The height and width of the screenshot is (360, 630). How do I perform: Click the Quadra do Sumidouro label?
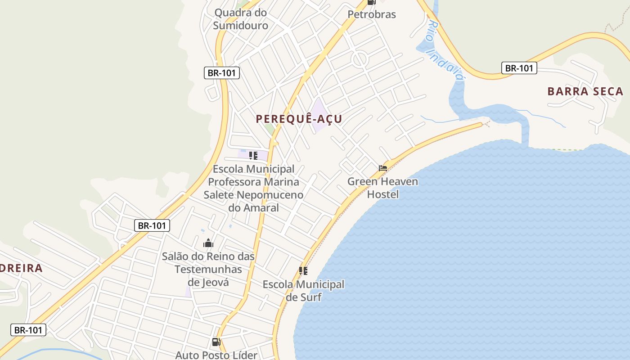240,19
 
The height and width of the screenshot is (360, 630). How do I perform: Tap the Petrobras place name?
372,14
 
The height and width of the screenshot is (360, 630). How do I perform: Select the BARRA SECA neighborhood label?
585,91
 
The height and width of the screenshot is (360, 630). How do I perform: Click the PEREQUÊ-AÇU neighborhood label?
299,119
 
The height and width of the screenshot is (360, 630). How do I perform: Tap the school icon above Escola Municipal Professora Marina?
253,156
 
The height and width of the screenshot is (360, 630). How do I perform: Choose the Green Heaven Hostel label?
382,188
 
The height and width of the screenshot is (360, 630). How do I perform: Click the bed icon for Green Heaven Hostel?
383,168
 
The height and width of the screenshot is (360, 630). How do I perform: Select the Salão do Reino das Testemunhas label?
208,263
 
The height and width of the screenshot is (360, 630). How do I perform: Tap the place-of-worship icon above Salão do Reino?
208,243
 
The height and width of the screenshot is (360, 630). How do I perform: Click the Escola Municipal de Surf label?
303,291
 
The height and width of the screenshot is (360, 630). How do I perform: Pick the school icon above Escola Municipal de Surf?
303,271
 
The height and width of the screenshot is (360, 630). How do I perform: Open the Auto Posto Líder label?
216,355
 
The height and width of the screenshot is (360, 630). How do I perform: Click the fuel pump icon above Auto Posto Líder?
216,342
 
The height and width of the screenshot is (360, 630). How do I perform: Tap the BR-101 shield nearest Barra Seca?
519,68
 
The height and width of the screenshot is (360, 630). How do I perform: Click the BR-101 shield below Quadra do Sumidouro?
222,73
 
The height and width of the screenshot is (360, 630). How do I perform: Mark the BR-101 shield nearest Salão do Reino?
152,225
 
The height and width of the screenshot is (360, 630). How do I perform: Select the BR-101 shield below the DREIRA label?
28,330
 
